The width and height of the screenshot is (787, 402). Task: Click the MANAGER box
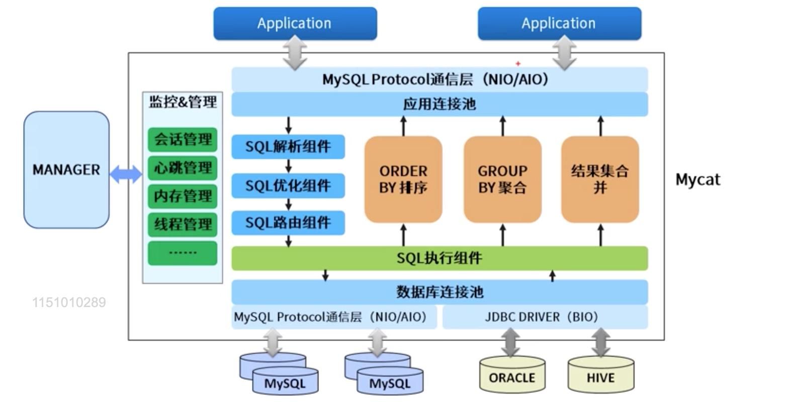pos(66,170)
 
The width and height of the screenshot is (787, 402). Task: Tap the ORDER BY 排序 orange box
pos(403,179)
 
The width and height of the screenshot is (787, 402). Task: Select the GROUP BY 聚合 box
pos(502,179)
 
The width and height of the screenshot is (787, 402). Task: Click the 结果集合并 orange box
pos(600,179)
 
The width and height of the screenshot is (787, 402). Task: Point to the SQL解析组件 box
pos(288,147)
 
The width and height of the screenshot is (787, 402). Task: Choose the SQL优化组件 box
pos(288,186)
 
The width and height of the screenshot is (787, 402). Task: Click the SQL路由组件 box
pos(288,223)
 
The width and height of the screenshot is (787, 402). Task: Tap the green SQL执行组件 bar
pos(440,258)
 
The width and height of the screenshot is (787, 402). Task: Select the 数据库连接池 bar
pos(440,292)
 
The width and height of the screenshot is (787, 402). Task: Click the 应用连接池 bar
pos(440,105)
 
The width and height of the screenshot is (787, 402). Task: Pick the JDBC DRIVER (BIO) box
pos(545,317)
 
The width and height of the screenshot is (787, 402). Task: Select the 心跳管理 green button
pos(183,168)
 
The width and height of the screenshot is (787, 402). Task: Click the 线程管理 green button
pos(183,225)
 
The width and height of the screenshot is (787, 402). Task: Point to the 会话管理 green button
pos(183,140)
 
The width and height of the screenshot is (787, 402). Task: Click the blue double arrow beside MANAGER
pos(126,174)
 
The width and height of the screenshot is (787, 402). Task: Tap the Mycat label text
pos(697,179)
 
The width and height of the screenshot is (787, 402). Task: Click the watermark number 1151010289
pos(69,303)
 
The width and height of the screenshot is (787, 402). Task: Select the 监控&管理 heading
pos(183,102)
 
